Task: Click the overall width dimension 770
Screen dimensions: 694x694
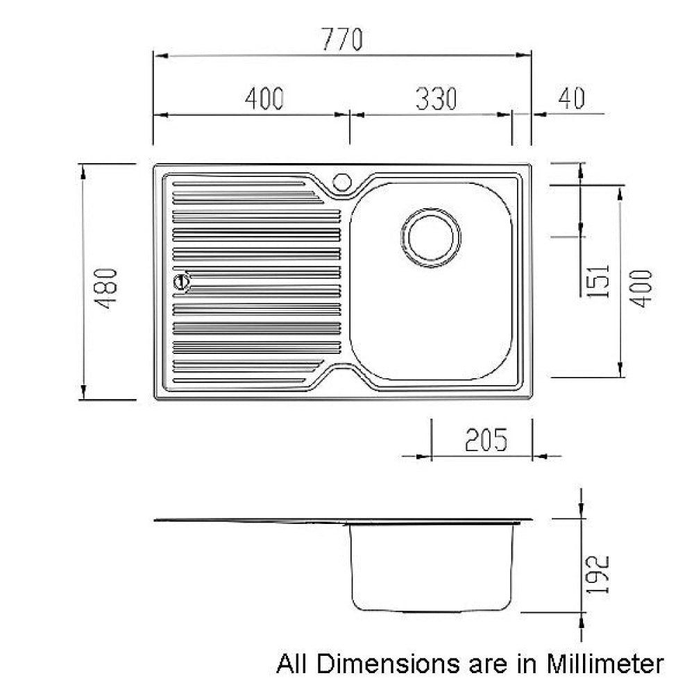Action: pyautogui.click(x=341, y=40)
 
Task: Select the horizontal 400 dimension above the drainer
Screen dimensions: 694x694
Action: pyautogui.click(x=264, y=99)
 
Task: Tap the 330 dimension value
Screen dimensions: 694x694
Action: pyautogui.click(x=436, y=99)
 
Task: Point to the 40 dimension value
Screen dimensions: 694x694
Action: pyautogui.click(x=570, y=99)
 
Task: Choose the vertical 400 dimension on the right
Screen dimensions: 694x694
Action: pyautogui.click(x=643, y=287)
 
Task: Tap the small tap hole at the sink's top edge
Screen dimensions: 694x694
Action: pyautogui.click(x=341, y=182)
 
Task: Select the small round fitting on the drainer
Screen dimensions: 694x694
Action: pyautogui.click(x=182, y=282)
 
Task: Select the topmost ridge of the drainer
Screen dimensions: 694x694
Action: pyautogui.click(x=239, y=185)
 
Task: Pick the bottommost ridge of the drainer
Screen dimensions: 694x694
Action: pyautogui.click(x=239, y=380)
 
